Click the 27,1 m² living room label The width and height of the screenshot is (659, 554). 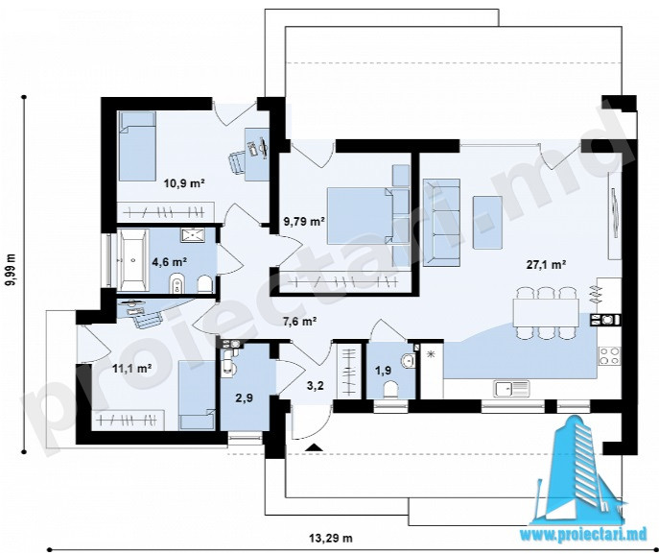(x=546, y=265)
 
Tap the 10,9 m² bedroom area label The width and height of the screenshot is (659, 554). (x=184, y=183)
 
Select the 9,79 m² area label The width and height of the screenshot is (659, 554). (x=304, y=221)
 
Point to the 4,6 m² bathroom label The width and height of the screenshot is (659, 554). (x=170, y=262)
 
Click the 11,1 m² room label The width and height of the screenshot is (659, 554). (x=132, y=369)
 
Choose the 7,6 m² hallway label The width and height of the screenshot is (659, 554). (x=299, y=322)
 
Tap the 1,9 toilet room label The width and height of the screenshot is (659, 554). (x=384, y=371)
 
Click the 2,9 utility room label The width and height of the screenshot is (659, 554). (x=245, y=397)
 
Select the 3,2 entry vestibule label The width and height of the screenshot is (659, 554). (x=316, y=385)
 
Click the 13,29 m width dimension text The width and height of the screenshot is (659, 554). (x=331, y=538)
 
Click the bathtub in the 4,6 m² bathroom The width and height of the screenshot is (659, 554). (x=132, y=260)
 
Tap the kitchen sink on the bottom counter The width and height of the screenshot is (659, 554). (x=512, y=389)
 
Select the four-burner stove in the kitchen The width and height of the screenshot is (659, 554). (x=609, y=355)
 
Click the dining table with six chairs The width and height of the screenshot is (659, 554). (x=546, y=312)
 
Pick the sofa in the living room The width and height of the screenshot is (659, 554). (x=441, y=222)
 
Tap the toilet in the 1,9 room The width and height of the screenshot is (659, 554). (x=391, y=389)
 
